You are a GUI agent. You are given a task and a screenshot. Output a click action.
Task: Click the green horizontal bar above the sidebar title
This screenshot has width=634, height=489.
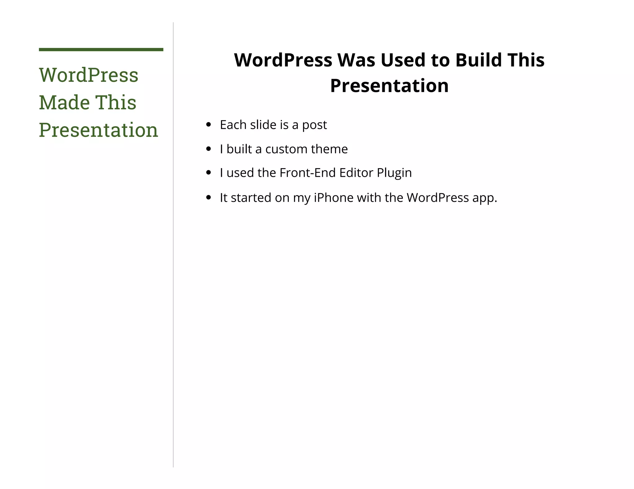(101, 49)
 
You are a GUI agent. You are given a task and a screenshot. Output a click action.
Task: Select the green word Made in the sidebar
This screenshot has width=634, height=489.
(64, 102)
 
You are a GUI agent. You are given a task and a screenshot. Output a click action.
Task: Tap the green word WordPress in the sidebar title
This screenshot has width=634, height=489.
(89, 75)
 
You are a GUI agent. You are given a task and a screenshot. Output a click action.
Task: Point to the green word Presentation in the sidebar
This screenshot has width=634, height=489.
(98, 130)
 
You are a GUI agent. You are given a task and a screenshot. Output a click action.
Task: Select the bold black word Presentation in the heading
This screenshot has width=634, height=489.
(389, 86)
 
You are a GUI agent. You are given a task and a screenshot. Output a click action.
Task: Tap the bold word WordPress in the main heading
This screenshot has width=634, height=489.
(283, 60)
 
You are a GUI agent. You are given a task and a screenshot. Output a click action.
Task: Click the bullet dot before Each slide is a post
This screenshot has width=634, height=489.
(208, 125)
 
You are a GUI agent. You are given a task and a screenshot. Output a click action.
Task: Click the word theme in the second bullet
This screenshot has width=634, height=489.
(329, 149)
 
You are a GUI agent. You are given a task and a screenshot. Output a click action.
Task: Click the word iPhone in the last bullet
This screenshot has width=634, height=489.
(333, 198)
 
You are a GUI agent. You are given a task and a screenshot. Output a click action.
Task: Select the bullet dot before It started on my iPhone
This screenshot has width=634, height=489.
(208, 198)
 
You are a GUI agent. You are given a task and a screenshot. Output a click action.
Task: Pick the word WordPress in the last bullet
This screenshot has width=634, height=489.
(437, 198)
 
